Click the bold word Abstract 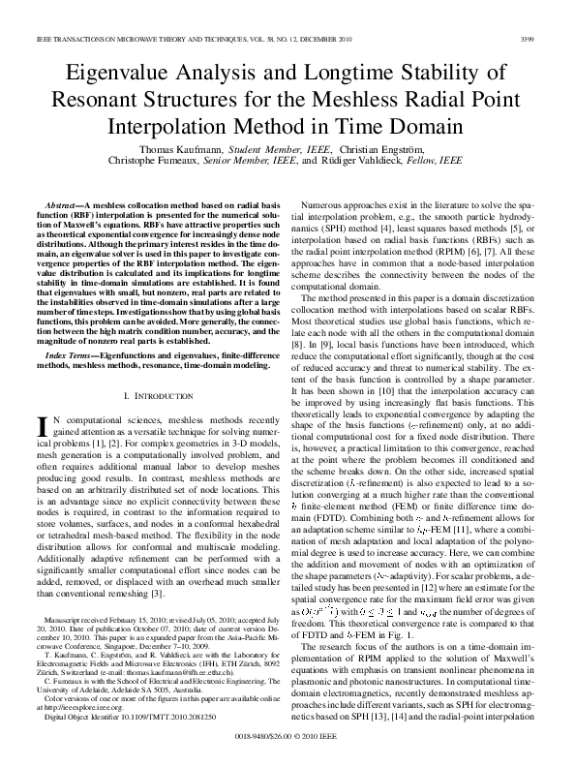point(65,207)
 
